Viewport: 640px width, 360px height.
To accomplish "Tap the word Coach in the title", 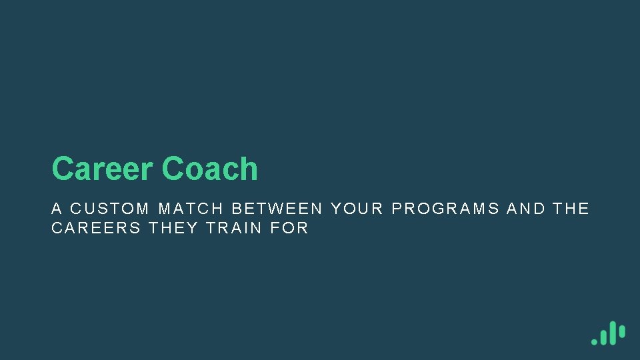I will [x=209, y=169].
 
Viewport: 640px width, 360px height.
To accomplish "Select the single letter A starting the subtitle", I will [x=57, y=209].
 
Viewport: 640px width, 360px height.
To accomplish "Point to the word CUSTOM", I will [x=110, y=209].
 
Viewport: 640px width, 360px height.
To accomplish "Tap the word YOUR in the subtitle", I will [x=357, y=209].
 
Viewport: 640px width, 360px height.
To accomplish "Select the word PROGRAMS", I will [x=445, y=209].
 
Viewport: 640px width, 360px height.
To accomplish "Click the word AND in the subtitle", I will [x=525, y=209].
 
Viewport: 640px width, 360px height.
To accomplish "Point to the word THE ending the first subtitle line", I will [x=571, y=209].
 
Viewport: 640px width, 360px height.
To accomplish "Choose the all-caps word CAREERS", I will [x=96, y=228].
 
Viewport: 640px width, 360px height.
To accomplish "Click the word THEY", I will [x=173, y=228].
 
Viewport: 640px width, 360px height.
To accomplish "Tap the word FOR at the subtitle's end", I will [x=289, y=228].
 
